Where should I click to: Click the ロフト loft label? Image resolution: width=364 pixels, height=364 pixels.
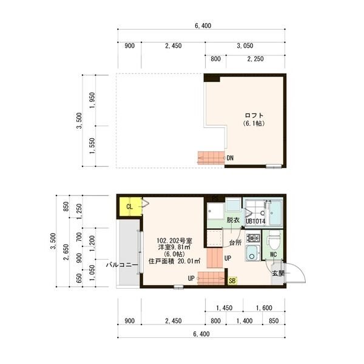pos(254,115)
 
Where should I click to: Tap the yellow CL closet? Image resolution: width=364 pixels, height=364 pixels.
pos(130,206)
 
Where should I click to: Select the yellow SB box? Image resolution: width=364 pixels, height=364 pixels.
pos(232,281)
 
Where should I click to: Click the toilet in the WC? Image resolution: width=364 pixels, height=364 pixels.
pos(273,240)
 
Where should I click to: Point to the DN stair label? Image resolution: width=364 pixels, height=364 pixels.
pos(230,158)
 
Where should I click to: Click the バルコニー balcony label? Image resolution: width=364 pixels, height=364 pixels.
pos(122,265)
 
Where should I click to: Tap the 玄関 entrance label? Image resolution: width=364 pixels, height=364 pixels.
pos(278,273)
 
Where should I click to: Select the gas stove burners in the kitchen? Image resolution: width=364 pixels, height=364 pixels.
pos(253,238)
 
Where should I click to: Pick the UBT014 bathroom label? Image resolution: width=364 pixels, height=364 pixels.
pos(255,221)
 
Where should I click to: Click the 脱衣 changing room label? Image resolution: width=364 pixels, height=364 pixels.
pos(233,220)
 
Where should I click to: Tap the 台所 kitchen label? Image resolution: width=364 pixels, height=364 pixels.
pos(235,243)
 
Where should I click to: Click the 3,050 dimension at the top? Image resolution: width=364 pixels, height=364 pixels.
pos(245,45)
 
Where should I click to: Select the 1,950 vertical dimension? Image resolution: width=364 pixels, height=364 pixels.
pos(92,100)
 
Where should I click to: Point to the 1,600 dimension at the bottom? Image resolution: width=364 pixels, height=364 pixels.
pos(264,308)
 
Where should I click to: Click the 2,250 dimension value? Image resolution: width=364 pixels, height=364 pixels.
pos(255,59)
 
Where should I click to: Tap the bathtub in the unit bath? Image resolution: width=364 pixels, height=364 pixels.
pos(276,213)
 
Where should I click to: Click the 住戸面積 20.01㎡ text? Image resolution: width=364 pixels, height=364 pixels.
pos(174,261)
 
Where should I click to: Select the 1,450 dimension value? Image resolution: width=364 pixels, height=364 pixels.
pos(224,308)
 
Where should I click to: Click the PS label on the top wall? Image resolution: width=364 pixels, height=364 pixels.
pos(215,198)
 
